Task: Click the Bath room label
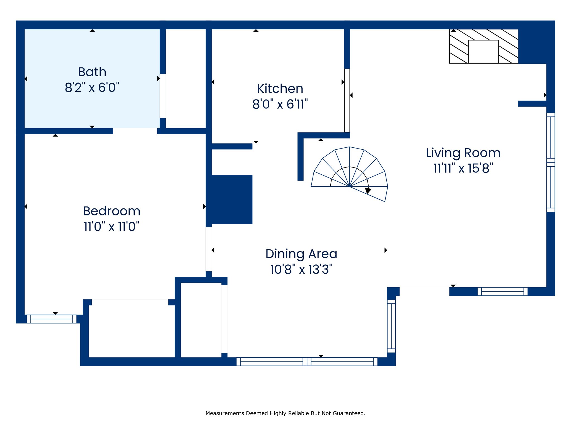pos(92,72)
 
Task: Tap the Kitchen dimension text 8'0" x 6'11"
pos(280,104)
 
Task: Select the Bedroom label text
pos(112,211)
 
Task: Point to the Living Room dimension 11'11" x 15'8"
pos(463,168)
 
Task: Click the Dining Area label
pos(301,254)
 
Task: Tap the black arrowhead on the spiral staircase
pos(368,191)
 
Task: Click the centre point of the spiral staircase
pos(349,186)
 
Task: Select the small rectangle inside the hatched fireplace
pos(484,52)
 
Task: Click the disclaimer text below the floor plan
pos(285,413)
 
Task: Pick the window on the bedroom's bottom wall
pos(52,319)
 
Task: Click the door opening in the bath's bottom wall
pos(135,131)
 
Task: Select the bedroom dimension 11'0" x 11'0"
pos(112,227)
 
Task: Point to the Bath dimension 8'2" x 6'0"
pos(92,87)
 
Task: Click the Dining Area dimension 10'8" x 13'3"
pos(301,269)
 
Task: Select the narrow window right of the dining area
pos(391,326)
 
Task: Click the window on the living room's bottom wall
pos(502,291)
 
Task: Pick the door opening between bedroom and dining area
pos(209,249)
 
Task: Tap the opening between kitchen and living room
pos(347,101)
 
